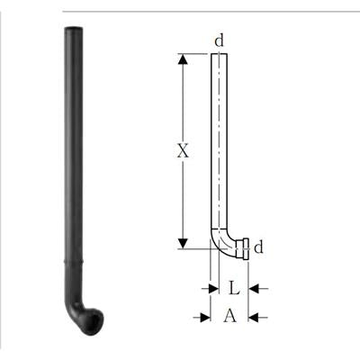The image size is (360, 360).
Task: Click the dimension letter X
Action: [x=183, y=150]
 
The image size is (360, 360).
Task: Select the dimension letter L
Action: [x=234, y=289]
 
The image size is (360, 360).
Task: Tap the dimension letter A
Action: [x=229, y=316]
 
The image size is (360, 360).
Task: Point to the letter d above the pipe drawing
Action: [x=220, y=40]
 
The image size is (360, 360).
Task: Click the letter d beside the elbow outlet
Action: [x=258, y=247]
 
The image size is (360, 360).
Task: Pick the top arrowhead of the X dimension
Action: [x=183, y=59]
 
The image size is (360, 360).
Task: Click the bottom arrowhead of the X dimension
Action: [x=183, y=243]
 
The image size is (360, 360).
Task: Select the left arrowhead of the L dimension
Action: [x=214, y=289]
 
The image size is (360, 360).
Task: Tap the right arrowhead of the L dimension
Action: [x=254, y=289]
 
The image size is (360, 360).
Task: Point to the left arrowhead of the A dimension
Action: [x=205, y=318]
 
